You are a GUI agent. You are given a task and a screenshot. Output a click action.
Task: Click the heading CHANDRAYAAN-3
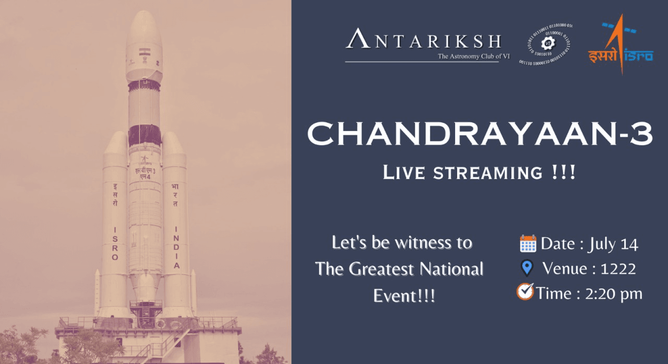click(x=480, y=134)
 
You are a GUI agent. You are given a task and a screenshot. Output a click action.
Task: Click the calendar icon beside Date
click(x=528, y=243)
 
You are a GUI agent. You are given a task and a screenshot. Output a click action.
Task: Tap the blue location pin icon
click(x=527, y=268)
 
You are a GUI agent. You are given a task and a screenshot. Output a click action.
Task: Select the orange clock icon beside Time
click(x=525, y=292)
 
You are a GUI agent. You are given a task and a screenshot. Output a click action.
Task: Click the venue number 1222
click(x=618, y=269)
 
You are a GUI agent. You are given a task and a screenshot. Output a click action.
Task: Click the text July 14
click(x=613, y=244)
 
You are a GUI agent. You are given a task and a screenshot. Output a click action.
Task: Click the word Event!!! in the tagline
click(x=404, y=296)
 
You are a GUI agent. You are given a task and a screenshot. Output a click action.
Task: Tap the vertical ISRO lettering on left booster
click(x=115, y=243)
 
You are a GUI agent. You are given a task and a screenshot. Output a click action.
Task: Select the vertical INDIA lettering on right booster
click(x=176, y=248)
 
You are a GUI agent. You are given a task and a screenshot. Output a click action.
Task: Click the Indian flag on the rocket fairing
click(x=144, y=53)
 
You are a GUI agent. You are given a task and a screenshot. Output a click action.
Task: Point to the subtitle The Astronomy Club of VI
click(x=473, y=56)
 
